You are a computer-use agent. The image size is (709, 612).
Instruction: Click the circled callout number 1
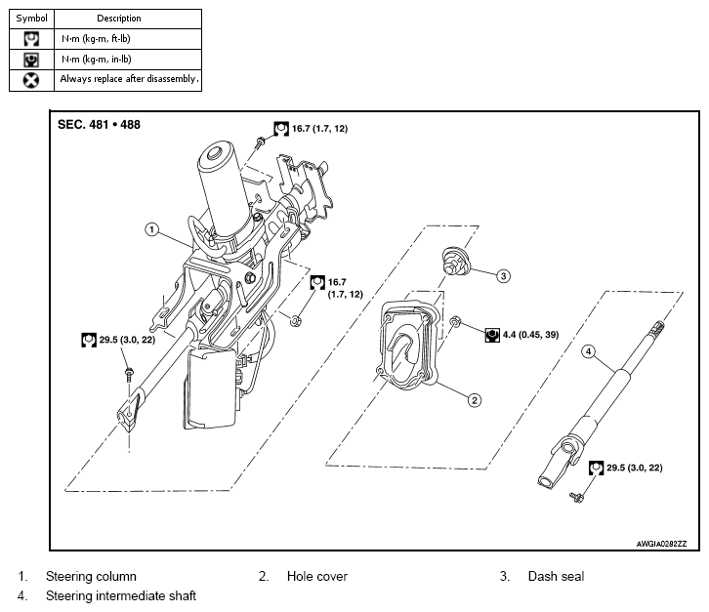(151, 229)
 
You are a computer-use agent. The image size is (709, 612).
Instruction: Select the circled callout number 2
(474, 400)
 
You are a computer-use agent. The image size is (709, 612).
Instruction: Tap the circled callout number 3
(503, 275)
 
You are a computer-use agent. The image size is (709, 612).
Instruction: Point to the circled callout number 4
(588, 351)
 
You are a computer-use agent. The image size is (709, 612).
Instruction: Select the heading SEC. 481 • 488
(99, 125)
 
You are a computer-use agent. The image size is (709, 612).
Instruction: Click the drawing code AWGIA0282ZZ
(661, 544)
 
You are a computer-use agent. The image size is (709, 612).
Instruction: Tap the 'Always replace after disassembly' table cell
(128, 80)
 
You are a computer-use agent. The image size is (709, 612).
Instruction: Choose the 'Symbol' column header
(31, 19)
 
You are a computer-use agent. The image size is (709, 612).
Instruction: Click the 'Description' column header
(119, 19)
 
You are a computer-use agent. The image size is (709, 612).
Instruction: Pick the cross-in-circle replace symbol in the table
(30, 80)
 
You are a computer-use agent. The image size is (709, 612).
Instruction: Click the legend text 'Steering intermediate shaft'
(121, 595)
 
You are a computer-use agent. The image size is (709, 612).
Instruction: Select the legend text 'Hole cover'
(317, 576)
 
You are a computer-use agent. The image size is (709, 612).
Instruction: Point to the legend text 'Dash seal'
(556, 576)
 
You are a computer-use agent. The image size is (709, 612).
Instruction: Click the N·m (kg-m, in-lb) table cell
(128, 60)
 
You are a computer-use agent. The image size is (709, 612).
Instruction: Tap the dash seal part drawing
(455, 261)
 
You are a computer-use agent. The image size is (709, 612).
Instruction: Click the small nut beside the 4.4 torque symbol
(456, 322)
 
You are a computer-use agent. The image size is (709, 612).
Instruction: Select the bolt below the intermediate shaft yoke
(576, 497)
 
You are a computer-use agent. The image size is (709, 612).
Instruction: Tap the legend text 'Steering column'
(91, 576)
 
